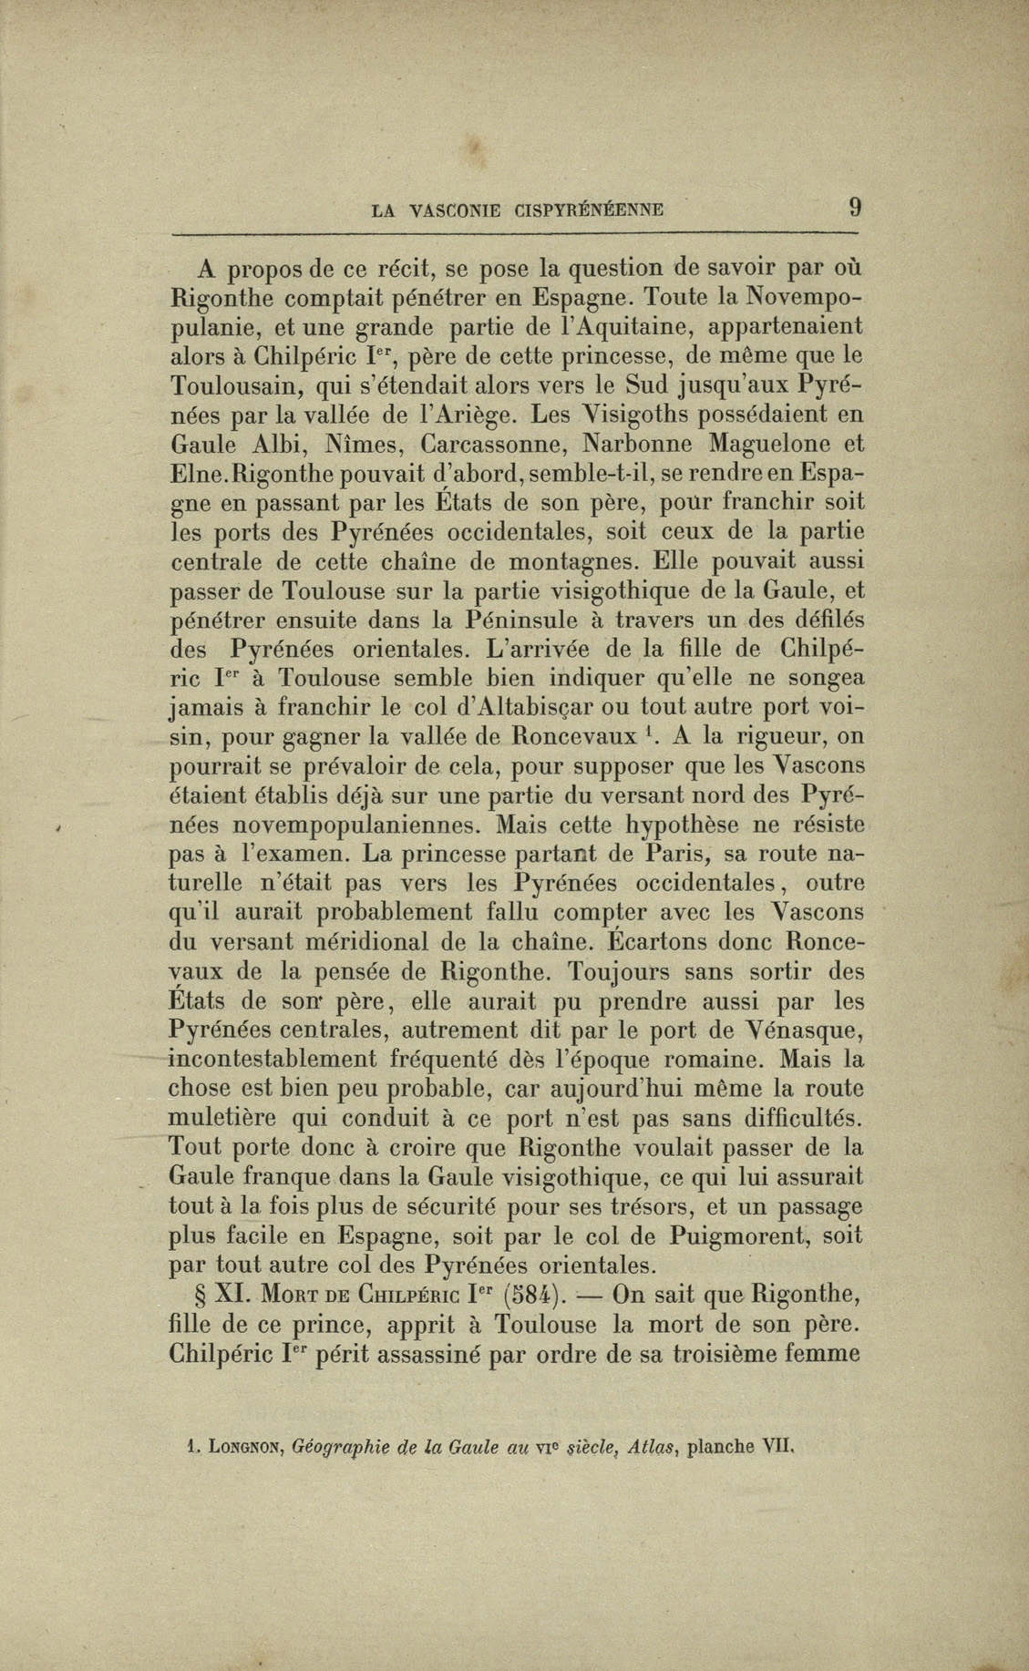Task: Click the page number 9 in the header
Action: (x=854, y=207)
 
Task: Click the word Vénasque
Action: (x=798, y=1030)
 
